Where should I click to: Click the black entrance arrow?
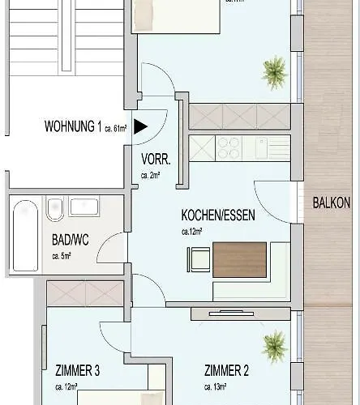(x=140, y=126)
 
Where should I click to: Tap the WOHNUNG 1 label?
(x=73, y=126)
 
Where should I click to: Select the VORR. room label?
(x=154, y=159)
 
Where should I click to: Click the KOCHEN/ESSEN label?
(x=213, y=216)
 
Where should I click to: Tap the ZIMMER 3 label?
(x=78, y=371)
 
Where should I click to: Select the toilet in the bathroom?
(x=55, y=209)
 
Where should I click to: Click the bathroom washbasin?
(x=84, y=207)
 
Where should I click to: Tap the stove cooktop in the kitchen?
(x=227, y=147)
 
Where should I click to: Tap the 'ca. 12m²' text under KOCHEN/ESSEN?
(x=192, y=231)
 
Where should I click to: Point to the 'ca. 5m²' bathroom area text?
(x=61, y=256)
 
